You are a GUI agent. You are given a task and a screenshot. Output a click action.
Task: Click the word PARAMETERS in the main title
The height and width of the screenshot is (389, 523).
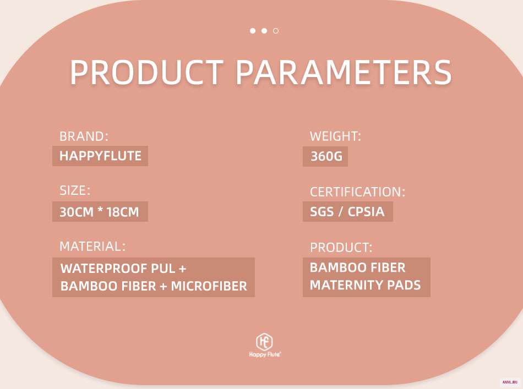[x=344, y=72]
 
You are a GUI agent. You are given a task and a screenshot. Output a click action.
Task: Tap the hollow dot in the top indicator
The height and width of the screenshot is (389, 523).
[x=276, y=31]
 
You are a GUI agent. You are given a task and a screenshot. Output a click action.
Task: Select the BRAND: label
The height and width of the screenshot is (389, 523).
[x=84, y=136]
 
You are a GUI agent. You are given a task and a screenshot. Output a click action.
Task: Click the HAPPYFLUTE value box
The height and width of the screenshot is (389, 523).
[x=100, y=156]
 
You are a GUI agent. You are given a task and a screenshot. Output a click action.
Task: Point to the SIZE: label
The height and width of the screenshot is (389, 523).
[x=75, y=190]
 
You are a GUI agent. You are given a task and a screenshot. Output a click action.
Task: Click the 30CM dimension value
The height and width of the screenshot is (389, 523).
[x=77, y=212]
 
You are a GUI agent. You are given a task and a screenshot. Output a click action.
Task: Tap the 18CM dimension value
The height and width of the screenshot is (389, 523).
[x=122, y=212]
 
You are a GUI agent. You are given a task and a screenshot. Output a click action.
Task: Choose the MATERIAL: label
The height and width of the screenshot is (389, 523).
[x=92, y=246]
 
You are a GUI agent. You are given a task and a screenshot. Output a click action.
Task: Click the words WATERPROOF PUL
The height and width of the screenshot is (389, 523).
[x=118, y=269]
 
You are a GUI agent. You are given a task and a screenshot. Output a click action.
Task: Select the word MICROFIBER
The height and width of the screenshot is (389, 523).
[x=209, y=286]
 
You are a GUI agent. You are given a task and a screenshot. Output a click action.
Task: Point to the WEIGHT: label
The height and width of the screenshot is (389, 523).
[x=335, y=136]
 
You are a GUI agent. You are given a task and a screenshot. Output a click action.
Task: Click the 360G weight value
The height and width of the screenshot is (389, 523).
[x=326, y=156]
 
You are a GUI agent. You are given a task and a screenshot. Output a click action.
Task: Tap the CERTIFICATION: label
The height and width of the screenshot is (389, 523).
[x=357, y=192]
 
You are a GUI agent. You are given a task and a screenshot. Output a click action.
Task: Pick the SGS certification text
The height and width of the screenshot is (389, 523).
[x=322, y=212]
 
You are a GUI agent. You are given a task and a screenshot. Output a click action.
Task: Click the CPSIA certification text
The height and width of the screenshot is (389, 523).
[x=366, y=212]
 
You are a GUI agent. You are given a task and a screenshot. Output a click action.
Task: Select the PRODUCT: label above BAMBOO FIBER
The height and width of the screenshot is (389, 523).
[x=341, y=248]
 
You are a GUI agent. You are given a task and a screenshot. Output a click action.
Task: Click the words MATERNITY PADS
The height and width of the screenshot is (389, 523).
[x=365, y=285]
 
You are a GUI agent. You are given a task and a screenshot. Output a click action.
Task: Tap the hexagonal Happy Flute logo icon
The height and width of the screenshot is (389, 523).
[x=264, y=342]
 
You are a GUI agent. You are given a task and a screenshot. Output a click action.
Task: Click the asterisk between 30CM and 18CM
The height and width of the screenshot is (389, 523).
[x=100, y=210]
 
